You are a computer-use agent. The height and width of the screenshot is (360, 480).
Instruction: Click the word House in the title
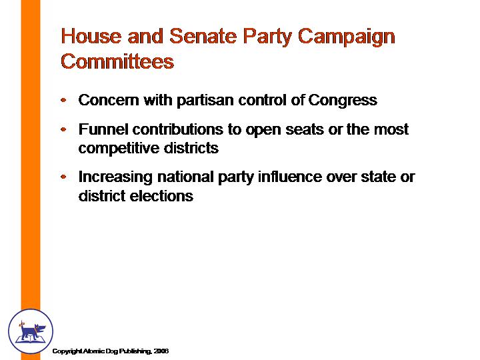coord(91,36)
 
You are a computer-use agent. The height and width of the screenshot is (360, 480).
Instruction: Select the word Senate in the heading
coord(203,36)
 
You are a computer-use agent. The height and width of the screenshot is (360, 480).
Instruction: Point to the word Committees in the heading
coord(117,61)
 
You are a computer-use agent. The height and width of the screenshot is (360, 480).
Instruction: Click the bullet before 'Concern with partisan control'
coord(64,100)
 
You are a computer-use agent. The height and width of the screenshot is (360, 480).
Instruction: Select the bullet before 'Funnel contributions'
coord(64,129)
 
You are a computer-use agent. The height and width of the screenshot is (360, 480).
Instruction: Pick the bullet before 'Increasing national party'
coord(64,177)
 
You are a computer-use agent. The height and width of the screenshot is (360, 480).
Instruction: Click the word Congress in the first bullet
coord(343,101)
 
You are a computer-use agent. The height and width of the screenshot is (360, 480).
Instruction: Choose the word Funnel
coord(103,129)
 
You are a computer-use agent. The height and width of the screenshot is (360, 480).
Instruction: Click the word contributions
coord(178,129)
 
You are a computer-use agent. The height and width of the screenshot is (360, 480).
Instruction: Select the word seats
coord(305,130)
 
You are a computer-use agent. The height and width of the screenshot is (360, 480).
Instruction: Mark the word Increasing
coord(115,177)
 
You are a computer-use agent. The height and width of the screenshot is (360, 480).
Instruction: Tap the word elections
coord(161,196)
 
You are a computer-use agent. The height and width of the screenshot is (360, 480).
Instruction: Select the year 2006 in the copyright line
coord(161,351)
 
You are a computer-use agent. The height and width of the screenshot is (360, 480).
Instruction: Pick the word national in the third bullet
coord(185,177)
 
